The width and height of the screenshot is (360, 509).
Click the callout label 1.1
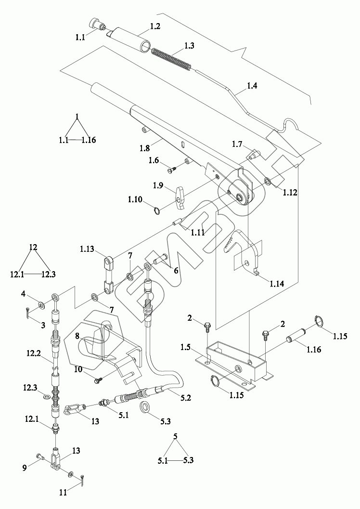pyautogui.click(x=80, y=38)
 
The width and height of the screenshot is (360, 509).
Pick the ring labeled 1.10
pyautogui.click(x=156, y=211)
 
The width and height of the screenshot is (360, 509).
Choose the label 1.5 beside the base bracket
pyautogui.click(x=186, y=348)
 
